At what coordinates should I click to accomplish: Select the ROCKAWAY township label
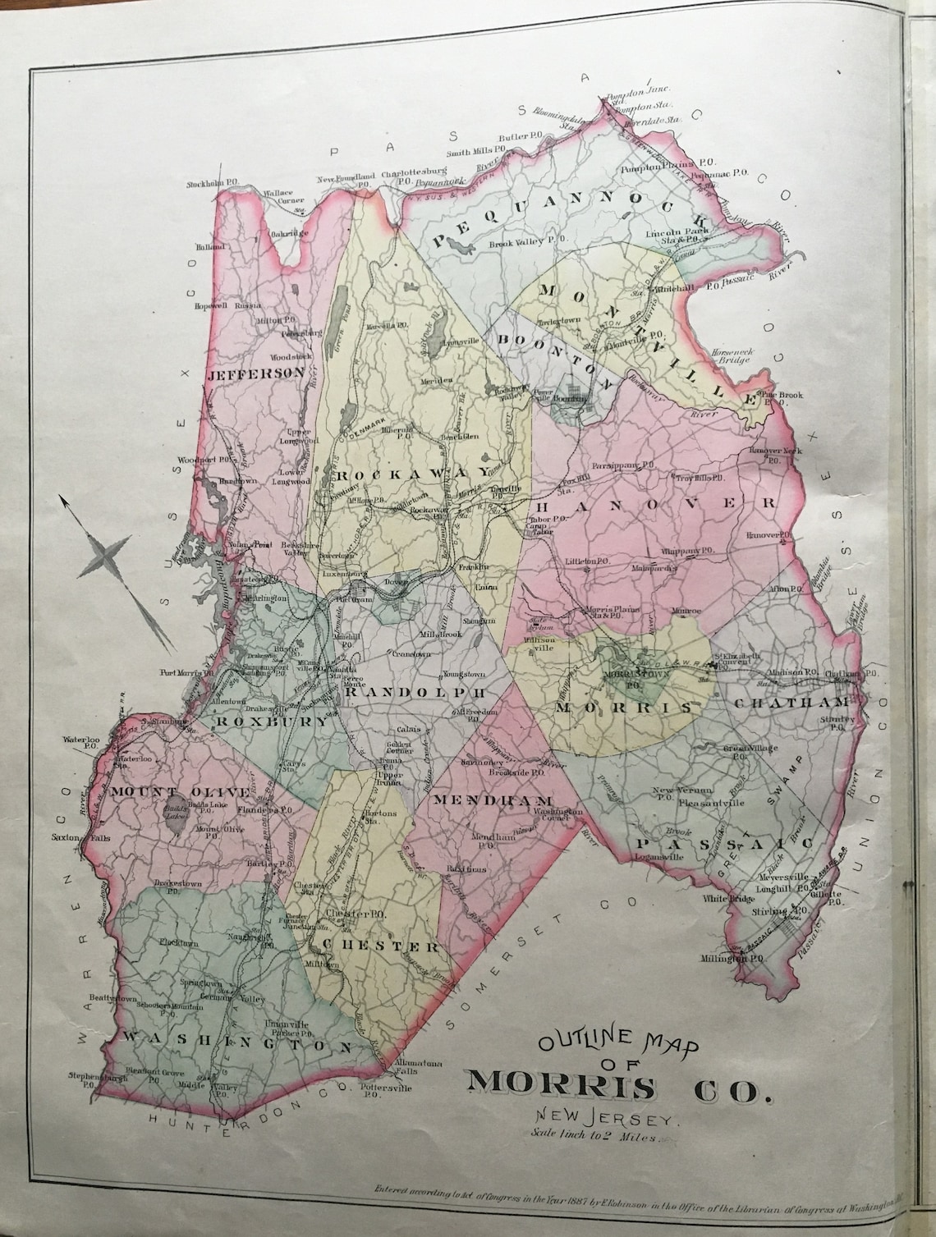pyautogui.click(x=377, y=474)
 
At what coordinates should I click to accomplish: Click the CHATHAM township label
pyautogui.click(x=785, y=703)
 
